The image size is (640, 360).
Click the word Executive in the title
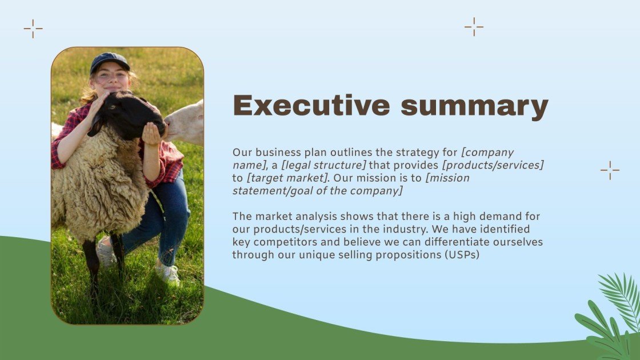311,106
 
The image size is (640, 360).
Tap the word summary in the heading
474,107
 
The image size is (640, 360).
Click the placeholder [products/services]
493,165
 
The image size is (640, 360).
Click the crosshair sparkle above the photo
33,29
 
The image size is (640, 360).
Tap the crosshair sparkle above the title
474,26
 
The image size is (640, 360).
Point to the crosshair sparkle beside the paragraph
610,170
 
